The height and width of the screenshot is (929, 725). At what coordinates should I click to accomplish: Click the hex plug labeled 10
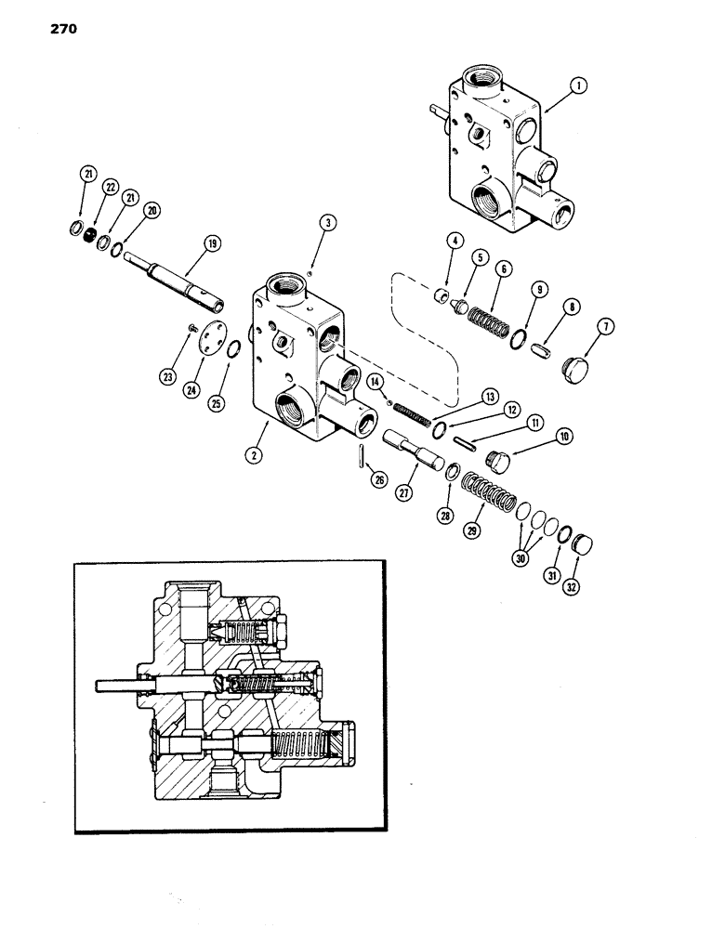500,461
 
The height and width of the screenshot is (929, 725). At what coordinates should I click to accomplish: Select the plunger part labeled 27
413,450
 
